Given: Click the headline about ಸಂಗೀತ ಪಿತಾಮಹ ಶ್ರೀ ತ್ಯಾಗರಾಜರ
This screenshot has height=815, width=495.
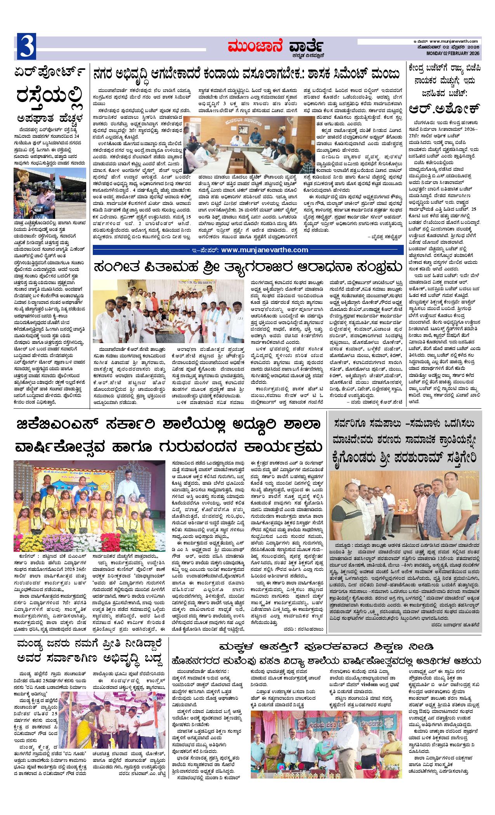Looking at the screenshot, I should [247, 268].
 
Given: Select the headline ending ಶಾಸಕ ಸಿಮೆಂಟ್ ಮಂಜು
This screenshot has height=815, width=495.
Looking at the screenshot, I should [247, 73].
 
